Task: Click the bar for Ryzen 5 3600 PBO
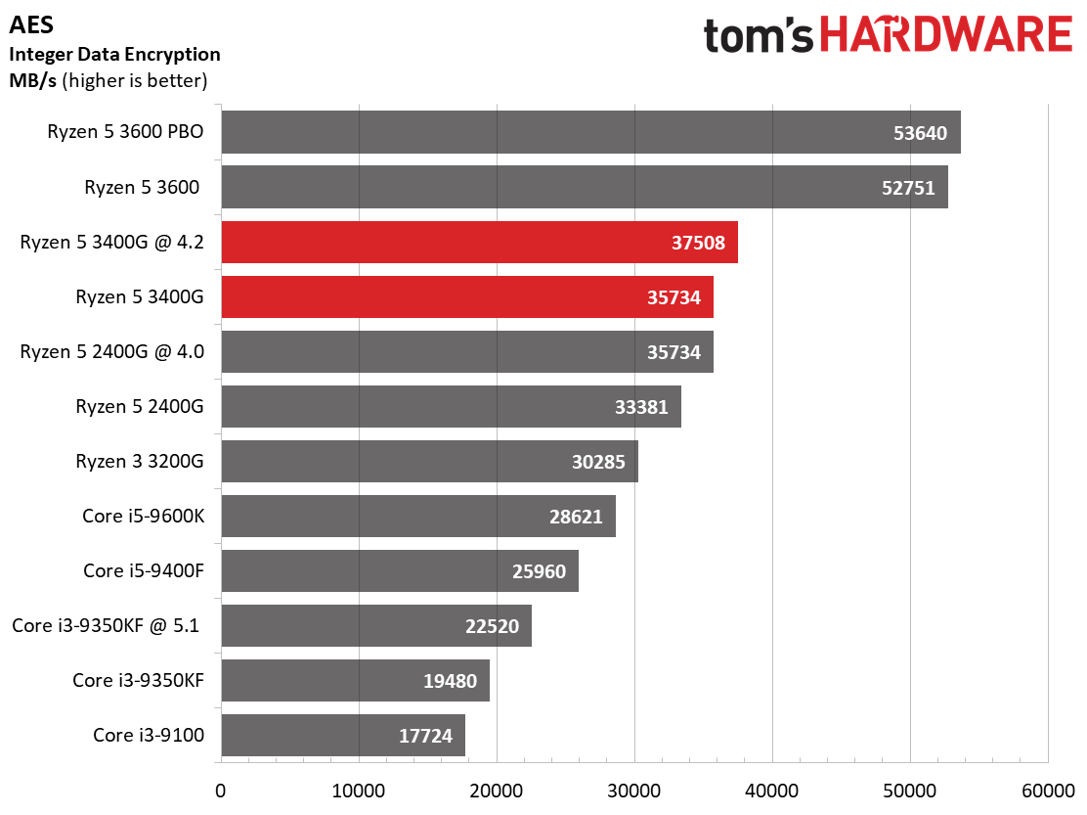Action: tap(590, 132)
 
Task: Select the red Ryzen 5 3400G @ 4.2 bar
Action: tap(479, 243)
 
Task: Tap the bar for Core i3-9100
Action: tap(342, 735)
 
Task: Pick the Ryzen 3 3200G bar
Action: tap(429, 461)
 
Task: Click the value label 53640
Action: tap(920, 133)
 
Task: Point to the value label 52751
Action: tap(908, 188)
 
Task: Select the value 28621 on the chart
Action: tap(576, 516)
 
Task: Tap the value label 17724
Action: tap(425, 735)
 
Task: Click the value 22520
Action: tap(492, 625)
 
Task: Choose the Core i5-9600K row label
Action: tap(143, 516)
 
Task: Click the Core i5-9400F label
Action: tap(143, 570)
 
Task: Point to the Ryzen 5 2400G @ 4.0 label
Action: tap(111, 352)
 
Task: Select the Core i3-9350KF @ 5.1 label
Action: tap(106, 625)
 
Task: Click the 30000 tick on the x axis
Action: tap(634, 789)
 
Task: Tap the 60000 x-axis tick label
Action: tap(1048, 789)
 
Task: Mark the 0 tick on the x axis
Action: tap(221, 789)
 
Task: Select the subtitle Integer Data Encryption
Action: tap(114, 54)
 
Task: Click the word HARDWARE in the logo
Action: tap(945, 35)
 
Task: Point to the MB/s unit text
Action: tap(33, 80)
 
